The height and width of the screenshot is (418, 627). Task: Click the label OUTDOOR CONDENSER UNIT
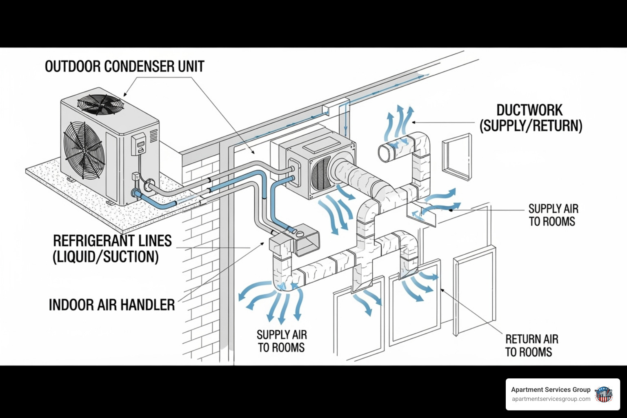pyautogui.click(x=125, y=67)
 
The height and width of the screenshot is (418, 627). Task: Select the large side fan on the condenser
pyautogui.click(x=84, y=151)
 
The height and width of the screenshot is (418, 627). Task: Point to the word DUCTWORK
pyautogui.click(x=529, y=110)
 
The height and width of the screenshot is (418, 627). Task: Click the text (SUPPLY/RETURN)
pyautogui.click(x=531, y=125)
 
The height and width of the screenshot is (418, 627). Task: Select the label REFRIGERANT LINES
pyautogui.click(x=112, y=241)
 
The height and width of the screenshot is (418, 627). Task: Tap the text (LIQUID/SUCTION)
pyautogui.click(x=106, y=257)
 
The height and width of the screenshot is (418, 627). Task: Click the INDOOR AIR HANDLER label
pyautogui.click(x=112, y=305)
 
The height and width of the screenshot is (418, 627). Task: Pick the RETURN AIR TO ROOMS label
pyautogui.click(x=531, y=345)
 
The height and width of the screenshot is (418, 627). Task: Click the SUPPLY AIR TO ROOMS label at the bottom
pyautogui.click(x=282, y=341)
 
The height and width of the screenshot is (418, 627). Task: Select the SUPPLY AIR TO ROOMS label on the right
pyautogui.click(x=553, y=215)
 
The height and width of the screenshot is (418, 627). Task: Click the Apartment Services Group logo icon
pyautogui.click(x=603, y=394)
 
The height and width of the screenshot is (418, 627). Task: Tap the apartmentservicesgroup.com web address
pyautogui.click(x=551, y=399)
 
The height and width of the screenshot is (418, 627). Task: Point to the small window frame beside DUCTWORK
pyautogui.click(x=456, y=157)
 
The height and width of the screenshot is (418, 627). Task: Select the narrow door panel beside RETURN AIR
pyautogui.click(x=474, y=291)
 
